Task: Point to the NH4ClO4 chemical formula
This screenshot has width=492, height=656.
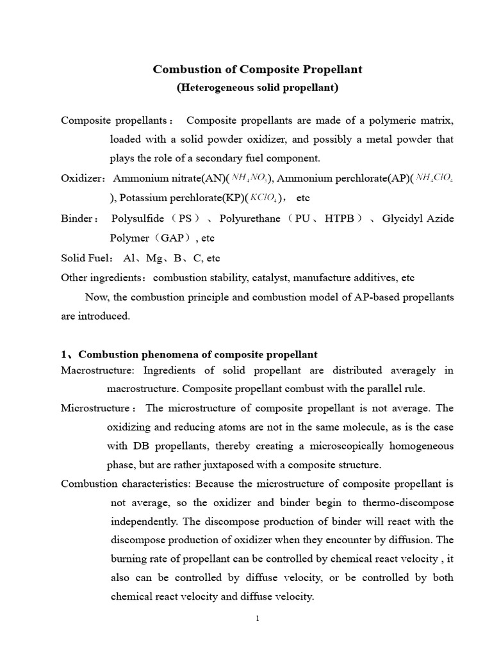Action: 435,177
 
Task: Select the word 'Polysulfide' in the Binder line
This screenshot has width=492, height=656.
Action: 136,218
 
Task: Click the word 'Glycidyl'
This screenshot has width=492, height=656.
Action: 402,218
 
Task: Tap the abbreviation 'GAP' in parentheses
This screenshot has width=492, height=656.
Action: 173,238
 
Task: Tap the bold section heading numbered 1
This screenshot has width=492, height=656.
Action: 189,354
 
